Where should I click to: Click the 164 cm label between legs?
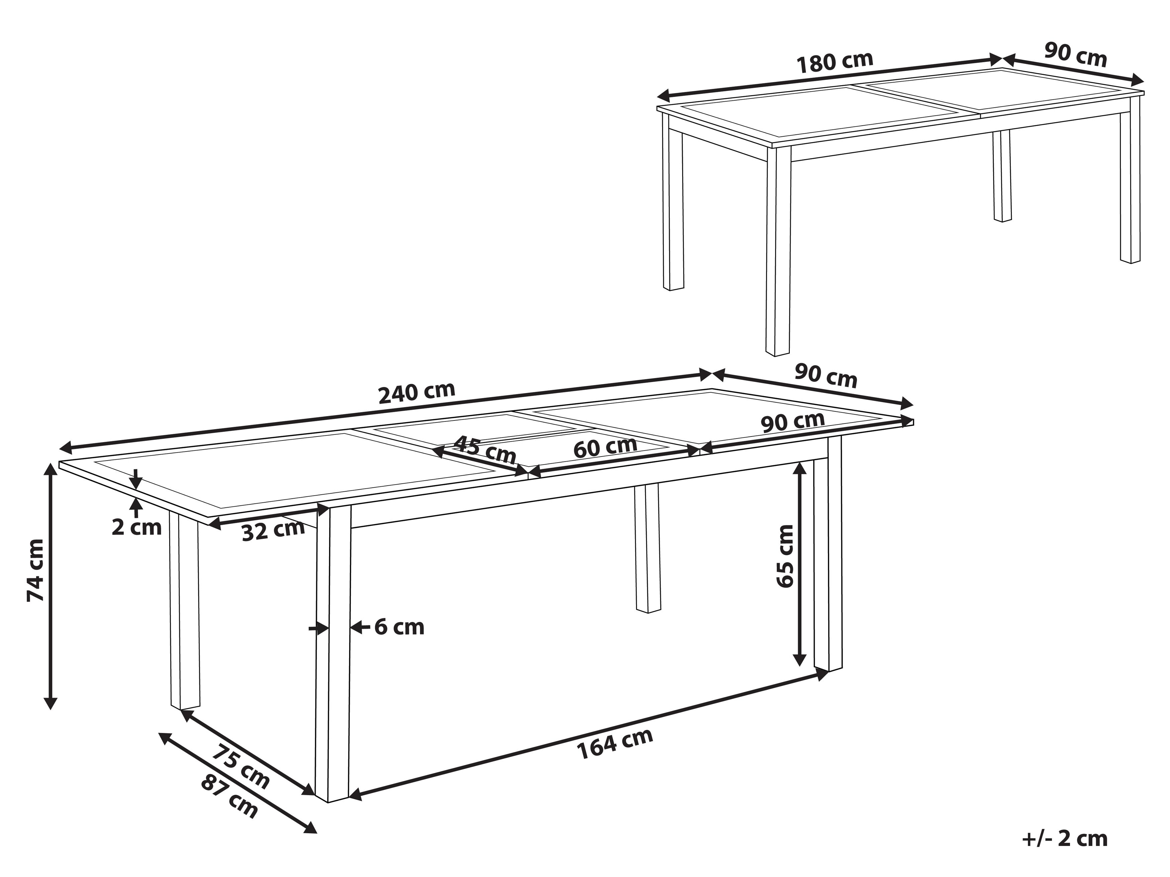[x=615, y=744]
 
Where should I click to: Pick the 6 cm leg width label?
[x=399, y=627]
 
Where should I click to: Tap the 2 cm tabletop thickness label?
[x=136, y=527]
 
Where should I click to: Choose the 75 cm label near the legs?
[x=241, y=766]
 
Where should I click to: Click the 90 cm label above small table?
[x=1075, y=54]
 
